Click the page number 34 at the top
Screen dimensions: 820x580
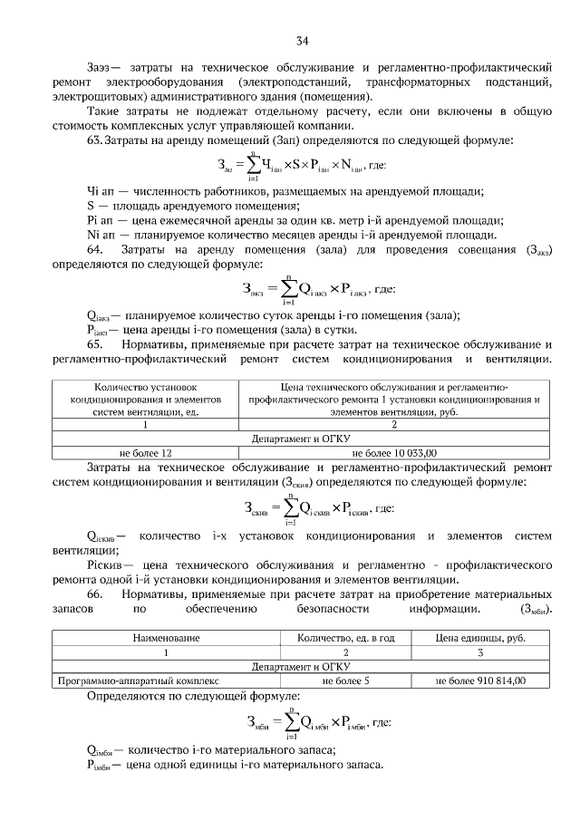302,40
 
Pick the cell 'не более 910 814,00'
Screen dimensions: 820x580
480,679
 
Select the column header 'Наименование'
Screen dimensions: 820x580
166,638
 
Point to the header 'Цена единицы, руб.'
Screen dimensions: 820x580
480,638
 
